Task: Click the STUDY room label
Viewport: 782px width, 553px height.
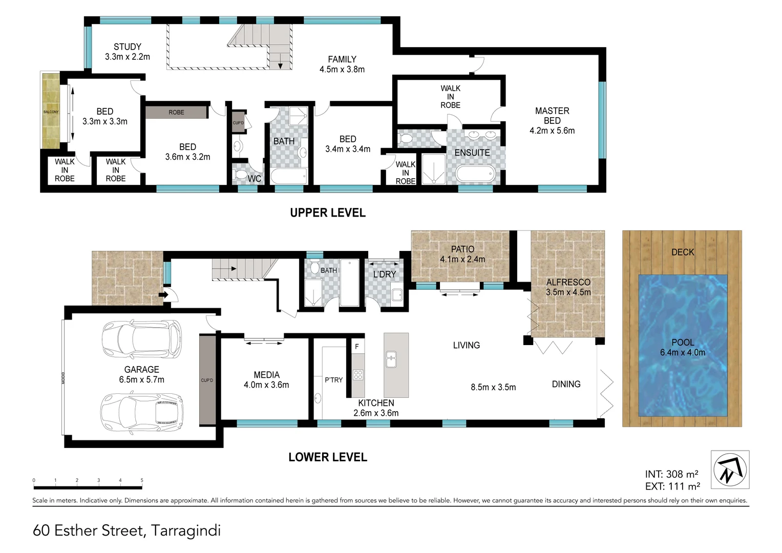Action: [128, 52]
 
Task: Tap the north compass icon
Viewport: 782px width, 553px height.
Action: [730, 470]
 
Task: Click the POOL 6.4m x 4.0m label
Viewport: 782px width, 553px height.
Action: [682, 347]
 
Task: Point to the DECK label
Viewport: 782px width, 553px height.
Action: [683, 252]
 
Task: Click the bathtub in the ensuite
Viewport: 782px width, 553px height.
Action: [476, 174]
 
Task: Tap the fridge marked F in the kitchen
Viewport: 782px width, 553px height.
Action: [357, 347]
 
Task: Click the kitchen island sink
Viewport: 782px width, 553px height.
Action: [391, 358]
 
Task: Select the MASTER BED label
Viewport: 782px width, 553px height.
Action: [552, 120]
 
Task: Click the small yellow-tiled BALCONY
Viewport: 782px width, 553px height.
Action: [51, 112]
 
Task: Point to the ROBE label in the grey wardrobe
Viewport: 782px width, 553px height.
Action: [176, 112]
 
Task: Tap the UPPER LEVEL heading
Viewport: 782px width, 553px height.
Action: [328, 213]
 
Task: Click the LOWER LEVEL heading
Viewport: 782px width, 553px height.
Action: [328, 457]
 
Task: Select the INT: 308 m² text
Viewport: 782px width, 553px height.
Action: [671, 474]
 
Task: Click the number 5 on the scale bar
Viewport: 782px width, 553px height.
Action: [142, 480]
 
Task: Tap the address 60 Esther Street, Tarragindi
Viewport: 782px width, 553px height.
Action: [126, 530]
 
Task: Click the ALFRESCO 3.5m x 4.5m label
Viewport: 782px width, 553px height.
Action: [568, 287]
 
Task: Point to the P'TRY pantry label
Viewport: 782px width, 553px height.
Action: [333, 380]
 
